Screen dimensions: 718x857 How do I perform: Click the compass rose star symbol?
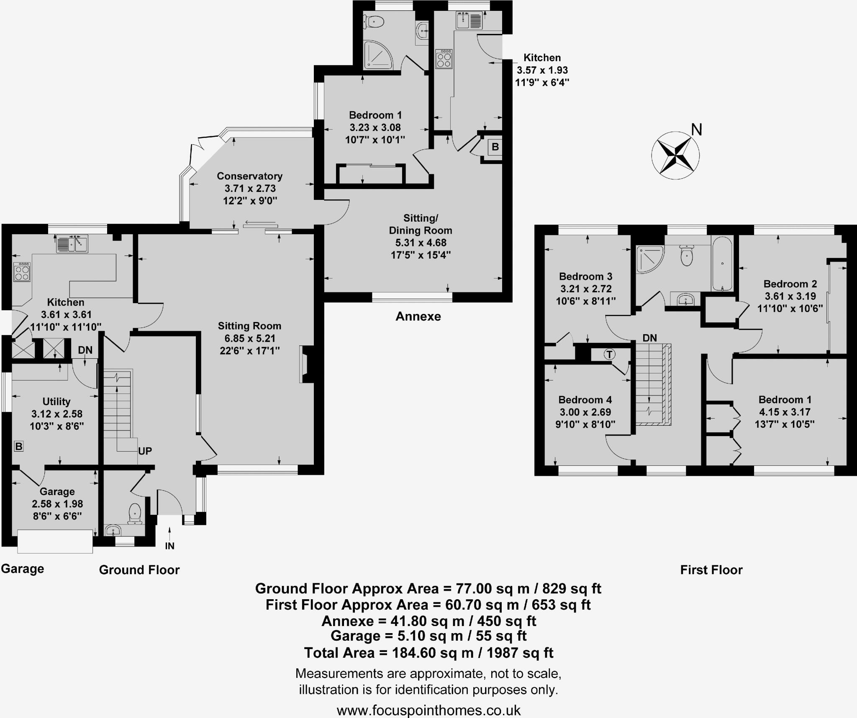coord(675,156)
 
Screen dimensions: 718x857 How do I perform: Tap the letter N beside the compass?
coord(696,130)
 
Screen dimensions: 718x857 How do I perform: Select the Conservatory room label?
coord(249,176)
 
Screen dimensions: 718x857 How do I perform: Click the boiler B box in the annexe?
coord(495,147)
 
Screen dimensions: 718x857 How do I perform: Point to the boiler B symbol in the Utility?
coord(18,446)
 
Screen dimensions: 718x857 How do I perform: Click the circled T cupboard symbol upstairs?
coord(609,355)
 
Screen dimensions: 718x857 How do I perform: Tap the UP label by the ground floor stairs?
coord(145,451)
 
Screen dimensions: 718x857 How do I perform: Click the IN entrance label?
coord(169,546)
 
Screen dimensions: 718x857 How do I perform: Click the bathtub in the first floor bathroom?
coord(722,264)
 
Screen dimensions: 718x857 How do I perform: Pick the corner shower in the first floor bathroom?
coord(649,259)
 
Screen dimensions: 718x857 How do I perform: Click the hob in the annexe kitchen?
coord(444,59)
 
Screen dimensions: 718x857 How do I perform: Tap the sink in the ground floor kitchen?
coord(72,244)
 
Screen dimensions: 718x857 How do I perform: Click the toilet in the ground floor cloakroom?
coord(135,514)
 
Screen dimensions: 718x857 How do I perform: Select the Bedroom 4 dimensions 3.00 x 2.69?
coord(585,412)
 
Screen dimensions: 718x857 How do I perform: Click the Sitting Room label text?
coord(249,326)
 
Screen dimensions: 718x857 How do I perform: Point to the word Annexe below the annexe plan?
coord(418,316)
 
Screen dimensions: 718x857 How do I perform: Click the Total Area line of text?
coord(428,653)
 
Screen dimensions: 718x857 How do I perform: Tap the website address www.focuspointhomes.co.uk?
coord(428,710)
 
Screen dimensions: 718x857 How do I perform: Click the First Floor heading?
coord(711,570)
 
